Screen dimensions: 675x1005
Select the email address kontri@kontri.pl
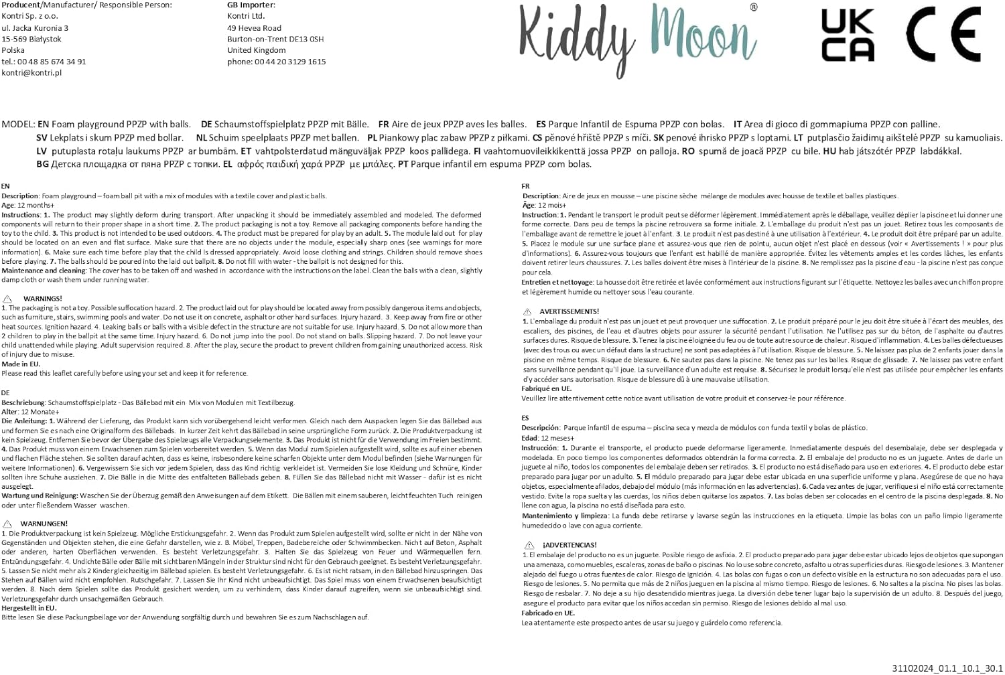[x=31, y=72]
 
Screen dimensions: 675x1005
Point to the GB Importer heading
[x=251, y=5]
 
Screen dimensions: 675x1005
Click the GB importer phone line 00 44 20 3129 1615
[x=276, y=62]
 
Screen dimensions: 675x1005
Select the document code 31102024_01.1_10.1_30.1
[x=947, y=668]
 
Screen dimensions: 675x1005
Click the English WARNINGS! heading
[x=42, y=299]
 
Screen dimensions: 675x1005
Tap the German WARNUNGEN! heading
[x=44, y=524]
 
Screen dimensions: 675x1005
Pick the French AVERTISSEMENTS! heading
[x=569, y=311]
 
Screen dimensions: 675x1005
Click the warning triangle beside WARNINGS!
[x=7, y=299]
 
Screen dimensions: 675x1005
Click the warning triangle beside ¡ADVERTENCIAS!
[x=529, y=545]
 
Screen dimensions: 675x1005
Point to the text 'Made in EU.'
[x=21, y=364]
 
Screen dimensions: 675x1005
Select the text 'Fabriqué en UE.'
[x=547, y=388]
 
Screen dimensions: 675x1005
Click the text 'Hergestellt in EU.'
[x=29, y=608]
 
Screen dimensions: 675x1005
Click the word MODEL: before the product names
[x=18, y=125]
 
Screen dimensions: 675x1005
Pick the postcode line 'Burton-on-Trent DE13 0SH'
[x=275, y=39]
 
